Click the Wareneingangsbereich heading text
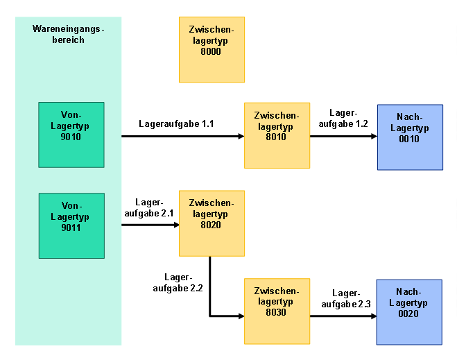(x=68, y=35)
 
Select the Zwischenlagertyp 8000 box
(x=212, y=49)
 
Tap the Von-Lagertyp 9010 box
(x=71, y=135)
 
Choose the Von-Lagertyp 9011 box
(x=71, y=225)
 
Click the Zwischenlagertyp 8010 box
(x=277, y=135)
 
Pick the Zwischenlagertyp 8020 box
(x=212, y=223)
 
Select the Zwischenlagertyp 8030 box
(x=277, y=311)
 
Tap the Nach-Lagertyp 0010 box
(x=410, y=137)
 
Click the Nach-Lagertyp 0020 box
(x=409, y=312)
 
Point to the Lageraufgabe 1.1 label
(x=176, y=124)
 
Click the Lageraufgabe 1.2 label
(x=343, y=119)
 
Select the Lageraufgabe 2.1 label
(x=149, y=208)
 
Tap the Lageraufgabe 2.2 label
(x=178, y=283)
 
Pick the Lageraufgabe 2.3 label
(x=346, y=299)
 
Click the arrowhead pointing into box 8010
(x=241, y=136)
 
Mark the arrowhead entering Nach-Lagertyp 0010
(x=374, y=136)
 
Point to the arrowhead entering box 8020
(x=176, y=225)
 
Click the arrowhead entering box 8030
(x=241, y=316)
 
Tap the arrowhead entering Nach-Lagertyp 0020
(x=374, y=316)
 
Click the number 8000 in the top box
(x=211, y=51)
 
